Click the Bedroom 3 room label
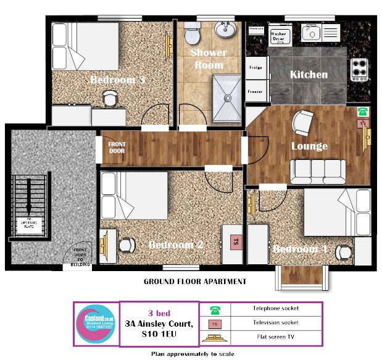click(x=118, y=80)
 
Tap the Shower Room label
click(x=208, y=58)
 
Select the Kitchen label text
click(x=309, y=75)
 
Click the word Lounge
click(x=309, y=146)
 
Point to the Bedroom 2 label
click(x=176, y=245)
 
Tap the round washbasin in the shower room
click(x=225, y=29)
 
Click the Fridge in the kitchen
click(x=257, y=67)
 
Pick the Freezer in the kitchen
click(x=257, y=91)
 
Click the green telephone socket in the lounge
click(x=362, y=112)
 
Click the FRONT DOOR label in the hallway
click(x=117, y=148)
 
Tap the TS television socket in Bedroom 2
click(x=235, y=241)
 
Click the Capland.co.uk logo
click(x=95, y=323)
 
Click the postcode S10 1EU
click(x=159, y=335)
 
